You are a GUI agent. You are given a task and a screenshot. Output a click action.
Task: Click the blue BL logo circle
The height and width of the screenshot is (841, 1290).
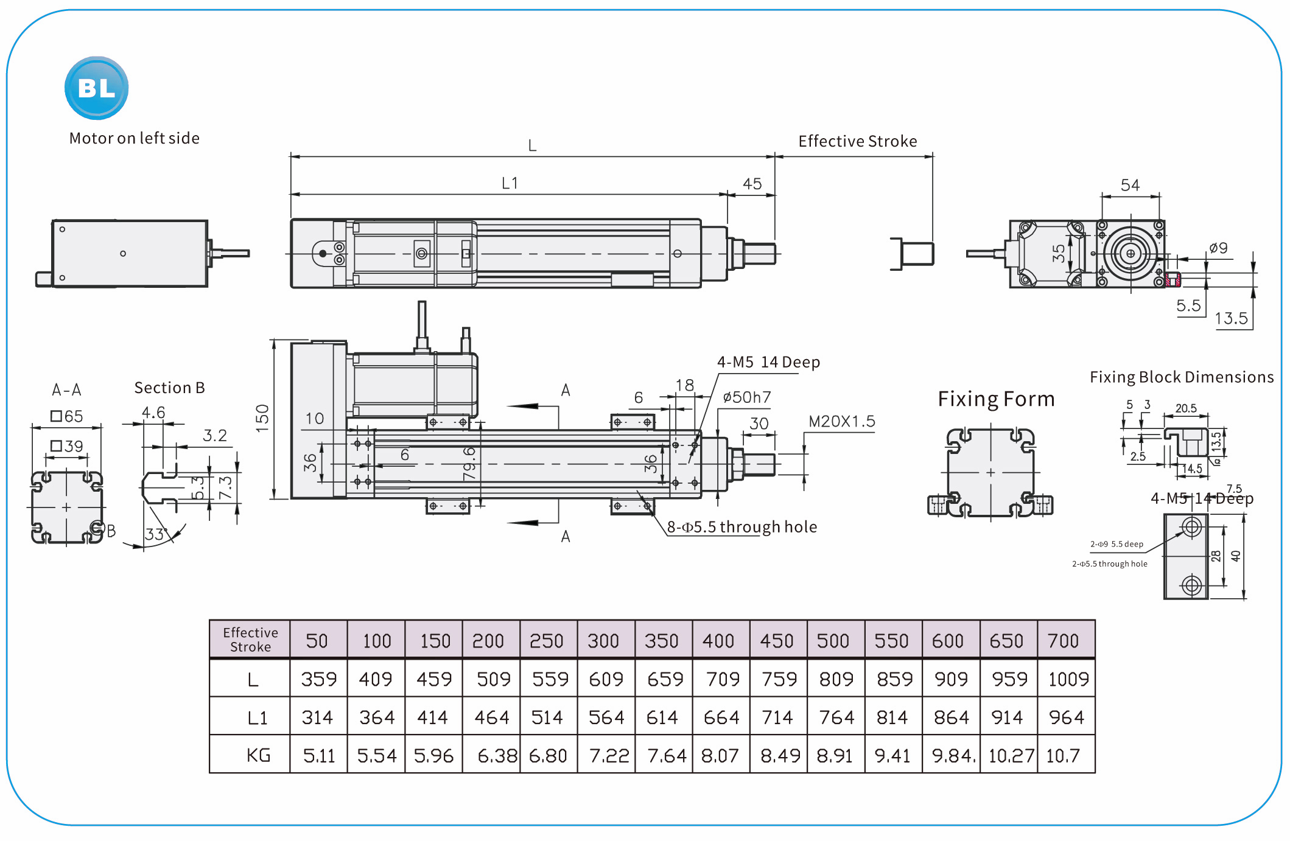(x=96, y=88)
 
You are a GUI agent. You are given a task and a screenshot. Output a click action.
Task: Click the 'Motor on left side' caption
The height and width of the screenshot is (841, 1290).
(x=134, y=139)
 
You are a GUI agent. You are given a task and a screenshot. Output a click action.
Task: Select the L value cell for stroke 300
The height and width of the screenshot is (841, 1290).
(x=606, y=679)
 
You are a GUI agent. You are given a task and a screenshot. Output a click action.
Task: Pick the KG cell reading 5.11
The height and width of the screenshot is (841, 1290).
(x=319, y=756)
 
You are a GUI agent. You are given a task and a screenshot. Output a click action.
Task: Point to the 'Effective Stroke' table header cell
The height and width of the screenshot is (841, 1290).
(x=250, y=640)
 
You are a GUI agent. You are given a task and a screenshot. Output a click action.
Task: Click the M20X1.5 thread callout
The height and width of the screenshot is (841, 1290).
(x=841, y=421)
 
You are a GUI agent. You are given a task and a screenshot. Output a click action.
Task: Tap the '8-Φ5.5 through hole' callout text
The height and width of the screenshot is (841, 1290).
(x=741, y=527)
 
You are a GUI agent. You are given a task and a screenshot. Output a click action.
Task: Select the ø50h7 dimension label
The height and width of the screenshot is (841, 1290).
(x=746, y=397)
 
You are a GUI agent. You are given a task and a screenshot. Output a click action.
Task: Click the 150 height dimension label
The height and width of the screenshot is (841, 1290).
(x=262, y=418)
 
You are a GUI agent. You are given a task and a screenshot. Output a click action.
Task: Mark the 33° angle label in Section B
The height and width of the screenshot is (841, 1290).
(x=156, y=534)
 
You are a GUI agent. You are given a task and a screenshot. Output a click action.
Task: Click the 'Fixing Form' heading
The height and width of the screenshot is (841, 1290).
(x=996, y=399)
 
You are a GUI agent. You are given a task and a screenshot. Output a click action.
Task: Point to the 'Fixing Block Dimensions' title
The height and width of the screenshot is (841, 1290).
(x=1181, y=377)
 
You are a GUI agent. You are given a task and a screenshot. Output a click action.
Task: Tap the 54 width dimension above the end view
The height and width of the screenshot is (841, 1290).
(x=1130, y=185)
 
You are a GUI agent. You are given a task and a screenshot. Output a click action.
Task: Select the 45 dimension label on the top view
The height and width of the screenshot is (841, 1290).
(x=752, y=184)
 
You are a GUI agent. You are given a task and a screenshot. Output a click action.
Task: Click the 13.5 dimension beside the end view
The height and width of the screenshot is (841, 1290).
(x=1231, y=318)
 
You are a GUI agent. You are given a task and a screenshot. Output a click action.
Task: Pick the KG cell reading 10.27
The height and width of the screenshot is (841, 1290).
(x=1011, y=756)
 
